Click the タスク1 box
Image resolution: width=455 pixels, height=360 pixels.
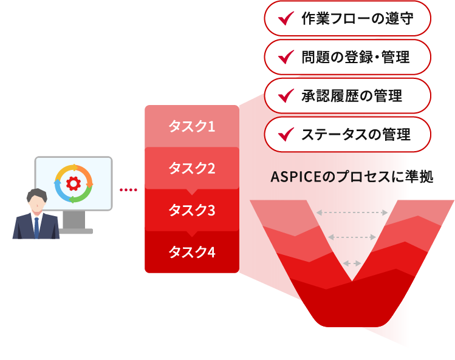(191, 127)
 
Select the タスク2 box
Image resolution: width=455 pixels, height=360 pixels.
(191, 168)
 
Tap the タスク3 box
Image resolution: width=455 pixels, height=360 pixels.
(191, 211)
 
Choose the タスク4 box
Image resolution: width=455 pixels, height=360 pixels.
(191, 251)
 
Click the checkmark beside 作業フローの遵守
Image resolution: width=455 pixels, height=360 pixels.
(284, 19)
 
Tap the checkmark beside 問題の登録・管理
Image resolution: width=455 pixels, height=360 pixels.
(284, 58)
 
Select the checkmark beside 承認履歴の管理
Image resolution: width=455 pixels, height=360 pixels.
(284, 96)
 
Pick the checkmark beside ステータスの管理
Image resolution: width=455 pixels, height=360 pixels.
(284, 134)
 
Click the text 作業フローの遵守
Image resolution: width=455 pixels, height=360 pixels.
(357, 19)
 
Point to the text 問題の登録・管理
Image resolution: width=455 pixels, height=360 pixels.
(355, 58)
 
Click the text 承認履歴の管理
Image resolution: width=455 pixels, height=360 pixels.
(351, 96)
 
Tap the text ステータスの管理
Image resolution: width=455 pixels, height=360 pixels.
(355, 134)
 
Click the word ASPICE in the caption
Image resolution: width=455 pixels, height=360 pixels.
(294, 177)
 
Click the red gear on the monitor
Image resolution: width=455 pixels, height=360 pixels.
(74, 183)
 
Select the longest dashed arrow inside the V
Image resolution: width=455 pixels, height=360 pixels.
(352, 213)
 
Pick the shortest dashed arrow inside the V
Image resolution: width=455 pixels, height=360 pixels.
(352, 263)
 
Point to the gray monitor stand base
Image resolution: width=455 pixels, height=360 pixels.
(76, 231)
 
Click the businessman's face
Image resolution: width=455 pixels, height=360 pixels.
(36, 203)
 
